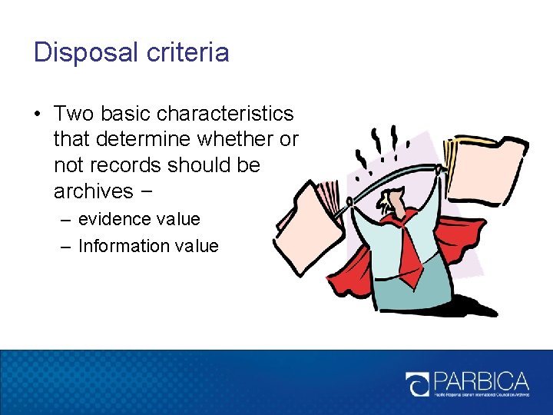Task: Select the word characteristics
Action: point(224,114)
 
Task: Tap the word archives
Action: point(93,191)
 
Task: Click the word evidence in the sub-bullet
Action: point(113,220)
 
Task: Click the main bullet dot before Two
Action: point(38,115)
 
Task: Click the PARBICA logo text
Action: point(481,380)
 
